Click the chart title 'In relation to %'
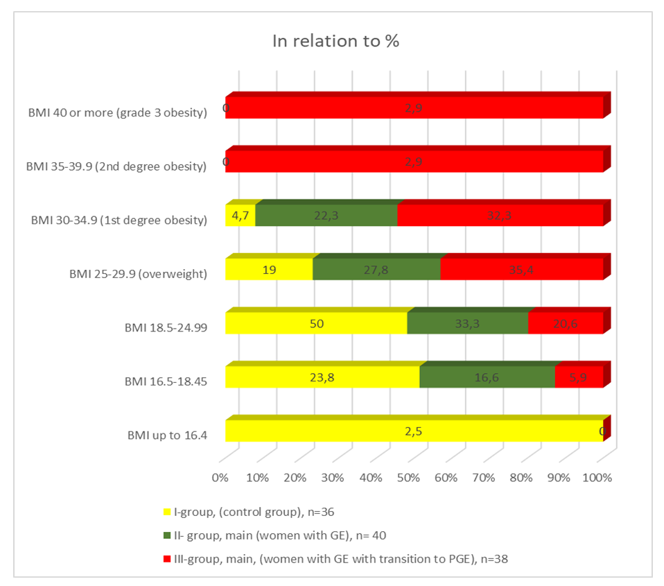coord(335,41)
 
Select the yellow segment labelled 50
coord(316,323)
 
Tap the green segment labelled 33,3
coord(467,323)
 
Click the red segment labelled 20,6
coord(566,323)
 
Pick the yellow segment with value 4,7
coord(240,215)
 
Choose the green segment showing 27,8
coord(376,269)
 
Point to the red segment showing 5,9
coord(579,377)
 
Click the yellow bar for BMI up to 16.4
coord(414,431)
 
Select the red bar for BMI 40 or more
coord(414,107)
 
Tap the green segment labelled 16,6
coord(487,377)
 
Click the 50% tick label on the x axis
coord(408,479)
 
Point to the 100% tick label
coord(597,479)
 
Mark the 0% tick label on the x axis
coord(220,479)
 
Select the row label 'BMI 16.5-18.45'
coord(166,381)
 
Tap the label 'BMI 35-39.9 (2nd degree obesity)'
coord(117,166)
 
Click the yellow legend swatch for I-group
coord(166,512)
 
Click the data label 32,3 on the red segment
coord(499,216)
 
